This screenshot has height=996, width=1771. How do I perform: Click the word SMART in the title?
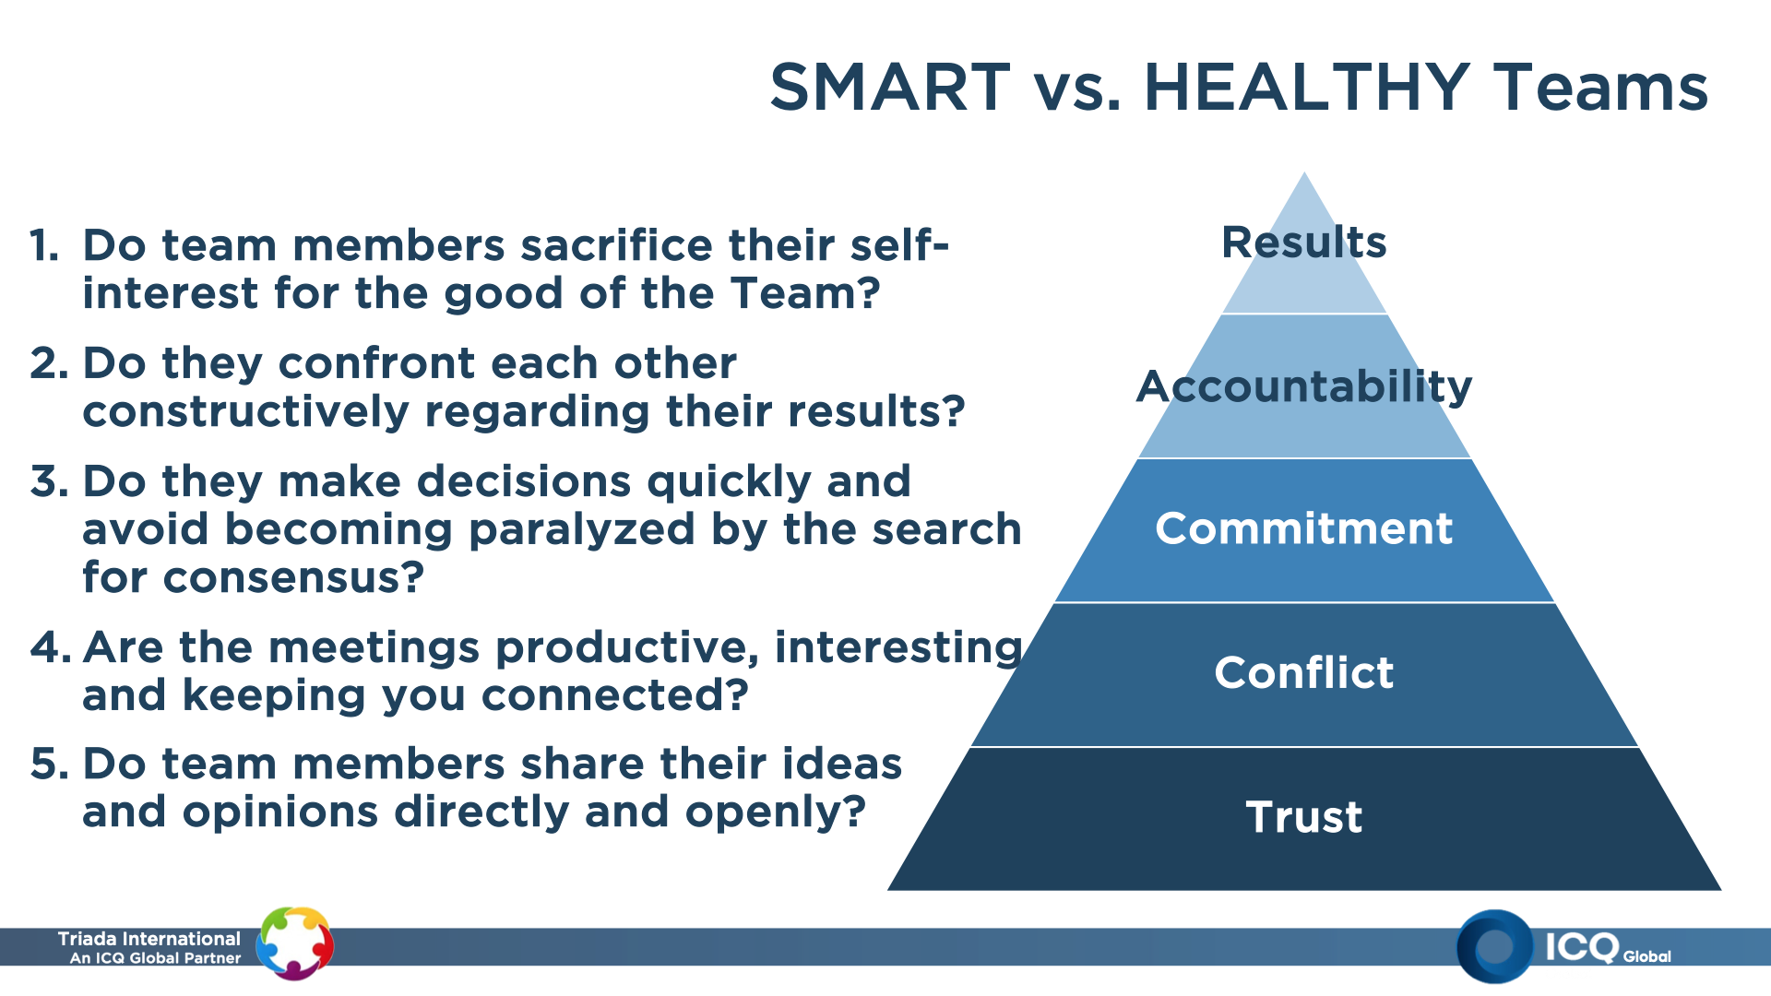[x=890, y=88]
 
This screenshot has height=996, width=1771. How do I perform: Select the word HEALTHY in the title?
[x=1307, y=88]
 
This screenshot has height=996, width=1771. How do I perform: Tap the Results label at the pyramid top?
[x=1304, y=243]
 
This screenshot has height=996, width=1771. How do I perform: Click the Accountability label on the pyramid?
[x=1304, y=387]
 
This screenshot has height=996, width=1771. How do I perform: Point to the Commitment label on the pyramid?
[x=1304, y=528]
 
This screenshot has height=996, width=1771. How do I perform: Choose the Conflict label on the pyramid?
[x=1304, y=672]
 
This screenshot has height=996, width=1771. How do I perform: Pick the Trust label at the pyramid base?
[x=1304, y=817]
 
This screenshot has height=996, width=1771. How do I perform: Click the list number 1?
[x=43, y=246]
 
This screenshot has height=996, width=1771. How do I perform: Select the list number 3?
[x=49, y=481]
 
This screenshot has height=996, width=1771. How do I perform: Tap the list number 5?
[x=49, y=765]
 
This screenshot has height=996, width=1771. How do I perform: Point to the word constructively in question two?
[x=245, y=411]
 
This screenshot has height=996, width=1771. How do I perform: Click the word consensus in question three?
[x=293, y=578]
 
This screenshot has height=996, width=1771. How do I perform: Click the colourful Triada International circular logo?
[x=294, y=943]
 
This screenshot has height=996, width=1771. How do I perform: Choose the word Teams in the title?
[x=1601, y=88]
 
